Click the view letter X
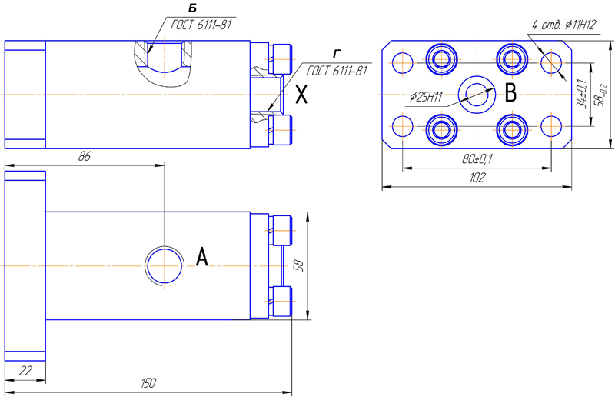tap(301, 95)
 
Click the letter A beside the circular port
tap(201, 257)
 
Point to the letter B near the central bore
tap(510, 93)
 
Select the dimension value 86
tap(85, 157)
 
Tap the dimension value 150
tap(148, 383)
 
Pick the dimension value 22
tap(25, 371)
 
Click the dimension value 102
tap(477, 178)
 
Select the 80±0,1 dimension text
tap(477, 159)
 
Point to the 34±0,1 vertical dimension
tap(582, 93)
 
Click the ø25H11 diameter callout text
tap(426, 97)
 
